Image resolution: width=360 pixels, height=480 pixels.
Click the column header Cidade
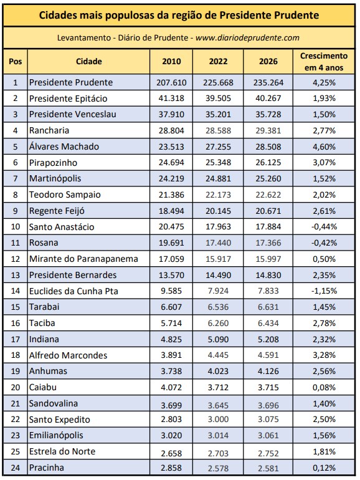pyautogui.click(x=88, y=61)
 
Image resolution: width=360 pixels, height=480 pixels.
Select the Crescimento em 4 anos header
pyautogui.click(x=324, y=62)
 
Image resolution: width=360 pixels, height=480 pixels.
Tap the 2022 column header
pyautogui.click(x=218, y=62)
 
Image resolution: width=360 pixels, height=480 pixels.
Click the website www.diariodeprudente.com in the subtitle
pyautogui.click(x=247, y=37)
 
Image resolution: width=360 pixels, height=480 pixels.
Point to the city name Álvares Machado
pyautogui.click(x=64, y=146)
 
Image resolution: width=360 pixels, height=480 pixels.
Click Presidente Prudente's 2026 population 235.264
pyautogui.click(x=268, y=83)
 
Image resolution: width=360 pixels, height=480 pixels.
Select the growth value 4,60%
pyautogui.click(x=324, y=146)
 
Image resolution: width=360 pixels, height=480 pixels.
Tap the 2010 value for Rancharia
pyautogui.click(x=171, y=131)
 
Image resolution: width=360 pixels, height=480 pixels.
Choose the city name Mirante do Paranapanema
pyautogui.click(x=83, y=259)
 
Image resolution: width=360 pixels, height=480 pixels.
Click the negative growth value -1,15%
pyautogui.click(x=324, y=291)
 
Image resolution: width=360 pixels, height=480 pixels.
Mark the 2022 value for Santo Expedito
pyautogui.click(x=218, y=420)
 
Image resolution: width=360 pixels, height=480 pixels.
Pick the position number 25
pyautogui.click(x=16, y=451)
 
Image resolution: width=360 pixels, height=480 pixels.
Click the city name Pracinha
pyautogui.click(x=47, y=468)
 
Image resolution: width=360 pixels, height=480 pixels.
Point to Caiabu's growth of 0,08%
pyautogui.click(x=324, y=388)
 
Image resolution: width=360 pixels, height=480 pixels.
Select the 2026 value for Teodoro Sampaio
pyautogui.click(x=268, y=194)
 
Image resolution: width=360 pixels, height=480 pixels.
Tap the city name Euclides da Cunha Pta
pyautogui.click(x=73, y=291)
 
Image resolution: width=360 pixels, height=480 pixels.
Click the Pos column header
pyautogui.click(x=16, y=62)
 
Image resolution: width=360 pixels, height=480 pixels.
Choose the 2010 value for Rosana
pyautogui.click(x=171, y=242)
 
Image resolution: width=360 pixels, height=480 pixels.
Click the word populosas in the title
pyautogui.click(x=128, y=16)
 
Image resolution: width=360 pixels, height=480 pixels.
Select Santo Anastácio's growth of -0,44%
pyautogui.click(x=324, y=227)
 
